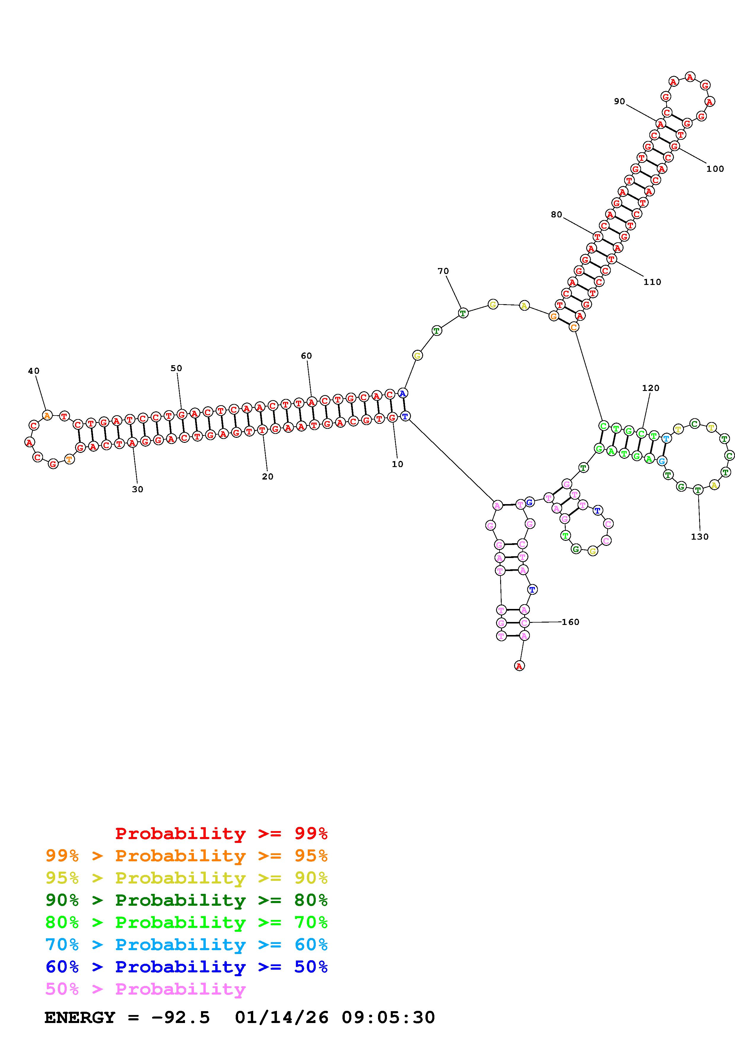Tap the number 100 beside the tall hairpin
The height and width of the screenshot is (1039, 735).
coord(715,169)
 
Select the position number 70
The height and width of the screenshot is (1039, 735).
coord(443,271)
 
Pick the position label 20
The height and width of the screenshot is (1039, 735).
coord(268,477)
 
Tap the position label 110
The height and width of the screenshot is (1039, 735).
coord(652,282)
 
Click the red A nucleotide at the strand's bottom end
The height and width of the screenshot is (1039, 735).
coord(519,666)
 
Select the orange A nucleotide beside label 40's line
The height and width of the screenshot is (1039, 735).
coord(47,415)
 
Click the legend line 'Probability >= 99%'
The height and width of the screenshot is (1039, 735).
coord(221,833)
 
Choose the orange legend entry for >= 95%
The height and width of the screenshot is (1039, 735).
coord(186,856)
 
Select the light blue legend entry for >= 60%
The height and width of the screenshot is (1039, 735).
coord(186,945)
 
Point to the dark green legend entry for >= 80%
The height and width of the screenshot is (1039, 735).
coord(186,900)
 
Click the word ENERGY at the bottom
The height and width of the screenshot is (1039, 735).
coord(80,1018)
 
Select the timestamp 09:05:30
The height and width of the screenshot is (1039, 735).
coord(388,1018)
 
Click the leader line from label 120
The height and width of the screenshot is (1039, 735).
coord(646,410)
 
